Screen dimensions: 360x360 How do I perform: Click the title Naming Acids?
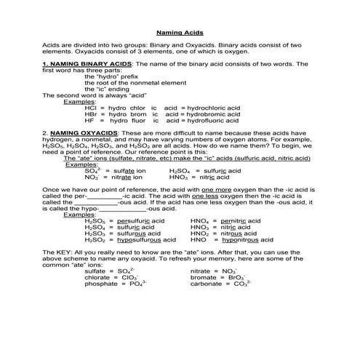tap(180, 33)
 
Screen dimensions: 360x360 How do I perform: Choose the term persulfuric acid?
tap(141, 220)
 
